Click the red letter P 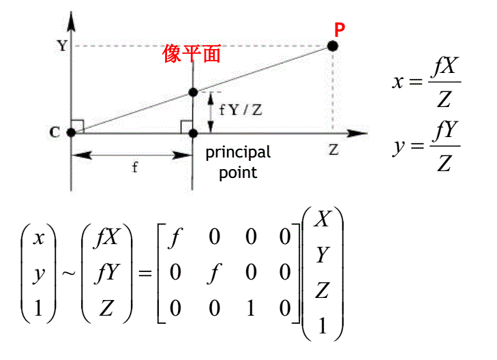(x=340, y=29)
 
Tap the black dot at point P (x=333, y=46)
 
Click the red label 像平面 (x=192, y=54)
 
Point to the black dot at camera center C (x=71, y=132)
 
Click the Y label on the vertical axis (x=62, y=46)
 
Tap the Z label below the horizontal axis (x=333, y=150)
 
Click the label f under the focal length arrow (x=134, y=168)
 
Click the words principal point (x=238, y=162)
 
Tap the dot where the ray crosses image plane (x=193, y=92)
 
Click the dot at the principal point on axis (x=193, y=132)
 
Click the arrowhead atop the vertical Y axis (x=71, y=18)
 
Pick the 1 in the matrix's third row (x=250, y=310)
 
